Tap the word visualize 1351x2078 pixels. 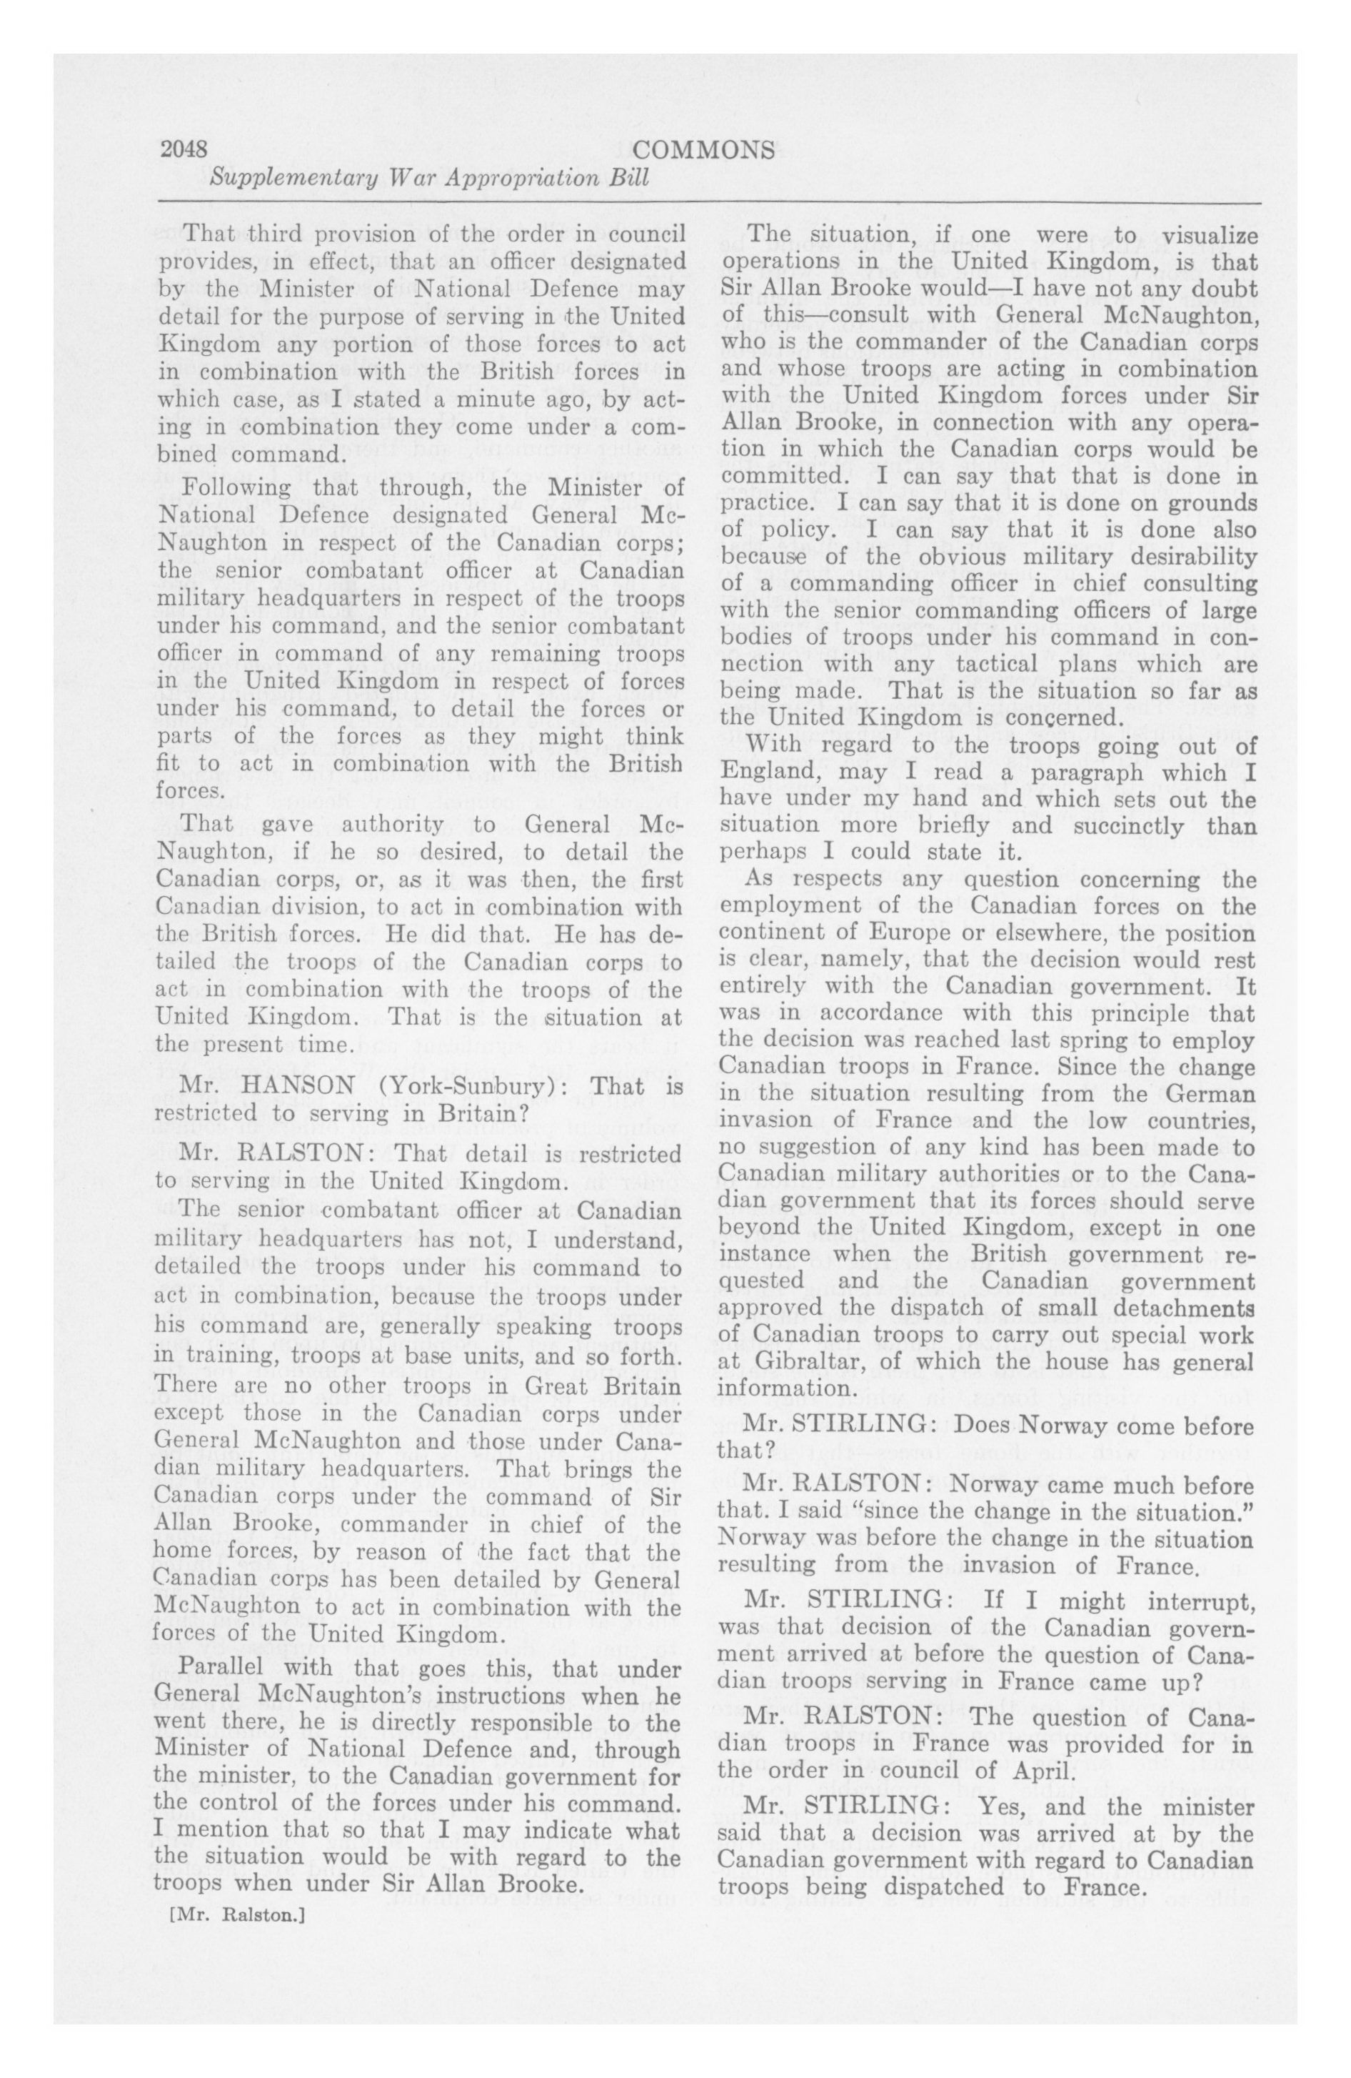1195,235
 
